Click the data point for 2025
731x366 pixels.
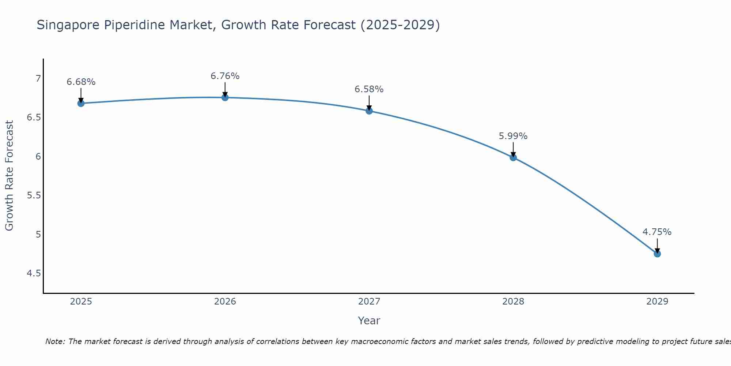click(81, 103)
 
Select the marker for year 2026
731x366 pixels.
click(225, 97)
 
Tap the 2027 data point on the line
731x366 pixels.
click(369, 111)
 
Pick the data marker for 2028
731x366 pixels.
click(513, 157)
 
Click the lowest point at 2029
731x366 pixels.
click(657, 254)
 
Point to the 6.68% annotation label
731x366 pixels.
click(81, 82)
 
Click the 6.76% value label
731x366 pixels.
click(225, 76)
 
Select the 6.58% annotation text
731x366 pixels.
click(369, 89)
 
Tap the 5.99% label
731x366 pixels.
click(513, 136)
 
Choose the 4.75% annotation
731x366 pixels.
click(657, 232)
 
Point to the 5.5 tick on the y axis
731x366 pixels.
click(34, 195)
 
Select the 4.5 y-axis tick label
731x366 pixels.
click(34, 273)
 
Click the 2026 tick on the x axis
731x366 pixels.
click(225, 302)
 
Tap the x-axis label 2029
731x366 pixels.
click(657, 302)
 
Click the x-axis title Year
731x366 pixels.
click(369, 321)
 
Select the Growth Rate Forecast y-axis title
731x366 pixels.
click(10, 176)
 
